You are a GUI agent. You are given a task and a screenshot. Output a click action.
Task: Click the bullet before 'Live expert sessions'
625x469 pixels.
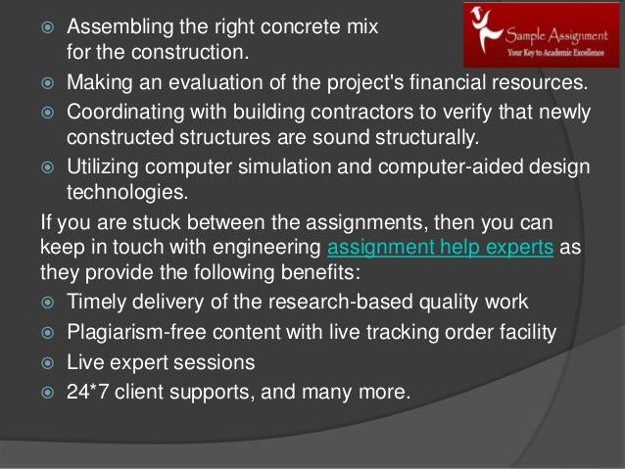point(44,363)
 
